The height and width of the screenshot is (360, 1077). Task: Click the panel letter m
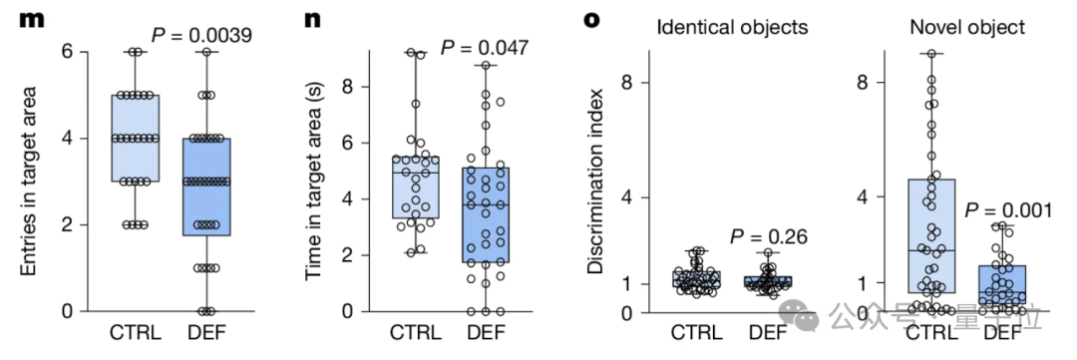tap(32, 19)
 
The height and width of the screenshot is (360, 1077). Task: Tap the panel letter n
tap(312, 19)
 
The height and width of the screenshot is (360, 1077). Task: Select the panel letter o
tap(592, 19)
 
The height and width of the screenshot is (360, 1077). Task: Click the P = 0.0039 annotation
tap(201, 34)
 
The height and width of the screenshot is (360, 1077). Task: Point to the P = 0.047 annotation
tap(485, 48)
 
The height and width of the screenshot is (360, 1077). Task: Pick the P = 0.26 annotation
tap(768, 237)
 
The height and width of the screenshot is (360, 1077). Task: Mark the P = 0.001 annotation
tap(1008, 210)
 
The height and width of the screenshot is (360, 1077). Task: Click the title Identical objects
tap(732, 28)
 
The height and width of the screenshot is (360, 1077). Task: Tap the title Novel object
tap(967, 28)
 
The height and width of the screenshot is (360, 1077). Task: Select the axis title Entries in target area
tap(28, 181)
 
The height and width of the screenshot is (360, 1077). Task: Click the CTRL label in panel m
tap(136, 334)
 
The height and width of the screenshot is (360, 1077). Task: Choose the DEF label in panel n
tap(486, 334)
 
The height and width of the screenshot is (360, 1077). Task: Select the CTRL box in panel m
tap(136, 138)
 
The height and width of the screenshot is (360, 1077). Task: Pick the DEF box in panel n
tap(486, 215)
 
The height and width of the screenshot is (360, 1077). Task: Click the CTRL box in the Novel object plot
tap(932, 236)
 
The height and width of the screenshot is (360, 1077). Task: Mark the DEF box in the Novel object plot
tap(1003, 284)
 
